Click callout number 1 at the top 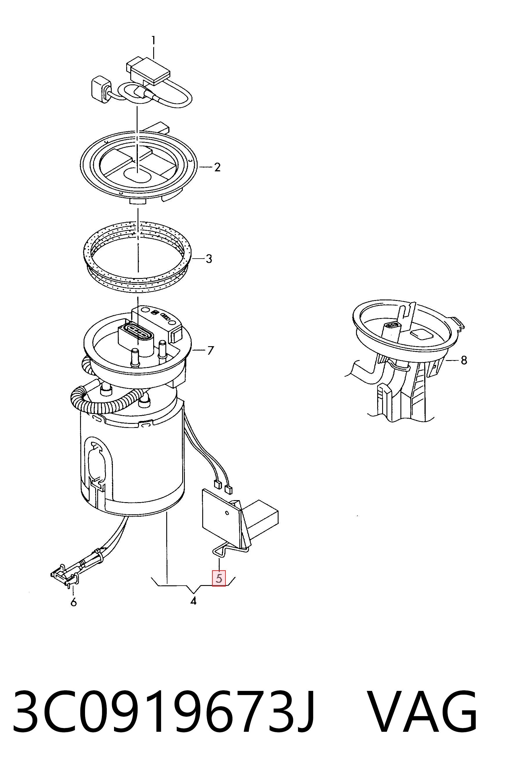[x=153, y=41]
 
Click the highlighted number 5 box [x=219, y=578]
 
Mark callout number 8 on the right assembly [x=464, y=361]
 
